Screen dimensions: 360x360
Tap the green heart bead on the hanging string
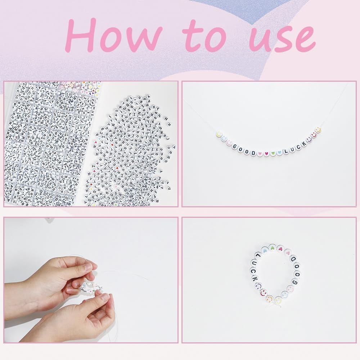273,153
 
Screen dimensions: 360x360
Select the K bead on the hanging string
304,144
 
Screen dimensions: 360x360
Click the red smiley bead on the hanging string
314,135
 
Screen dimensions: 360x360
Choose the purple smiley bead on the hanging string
309,140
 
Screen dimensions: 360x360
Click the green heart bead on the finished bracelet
272,248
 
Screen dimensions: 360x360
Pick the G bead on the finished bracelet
295,282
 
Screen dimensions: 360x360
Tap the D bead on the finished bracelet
293,260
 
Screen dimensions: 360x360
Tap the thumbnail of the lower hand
105,297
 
